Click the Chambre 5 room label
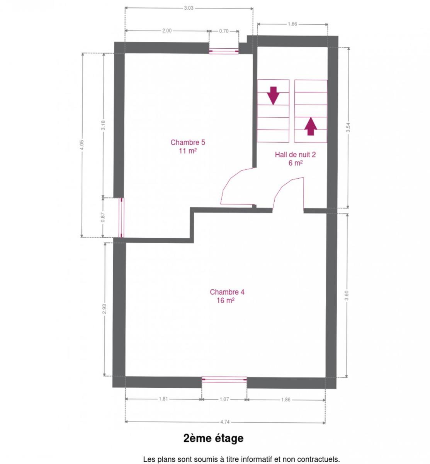188,146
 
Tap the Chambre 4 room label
227,296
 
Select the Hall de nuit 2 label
295,159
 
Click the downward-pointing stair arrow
273,96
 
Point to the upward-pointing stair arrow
311,126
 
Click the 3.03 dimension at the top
189,8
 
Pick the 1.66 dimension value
292,24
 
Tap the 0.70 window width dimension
224,31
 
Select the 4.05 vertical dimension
82,145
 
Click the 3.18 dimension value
104,125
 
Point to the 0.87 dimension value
103,217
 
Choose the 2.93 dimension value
104,309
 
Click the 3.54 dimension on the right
348,127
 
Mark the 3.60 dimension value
347,295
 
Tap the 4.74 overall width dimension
225,422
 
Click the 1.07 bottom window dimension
224,399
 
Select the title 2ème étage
213,438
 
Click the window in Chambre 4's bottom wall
224,379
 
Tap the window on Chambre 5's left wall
121,218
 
